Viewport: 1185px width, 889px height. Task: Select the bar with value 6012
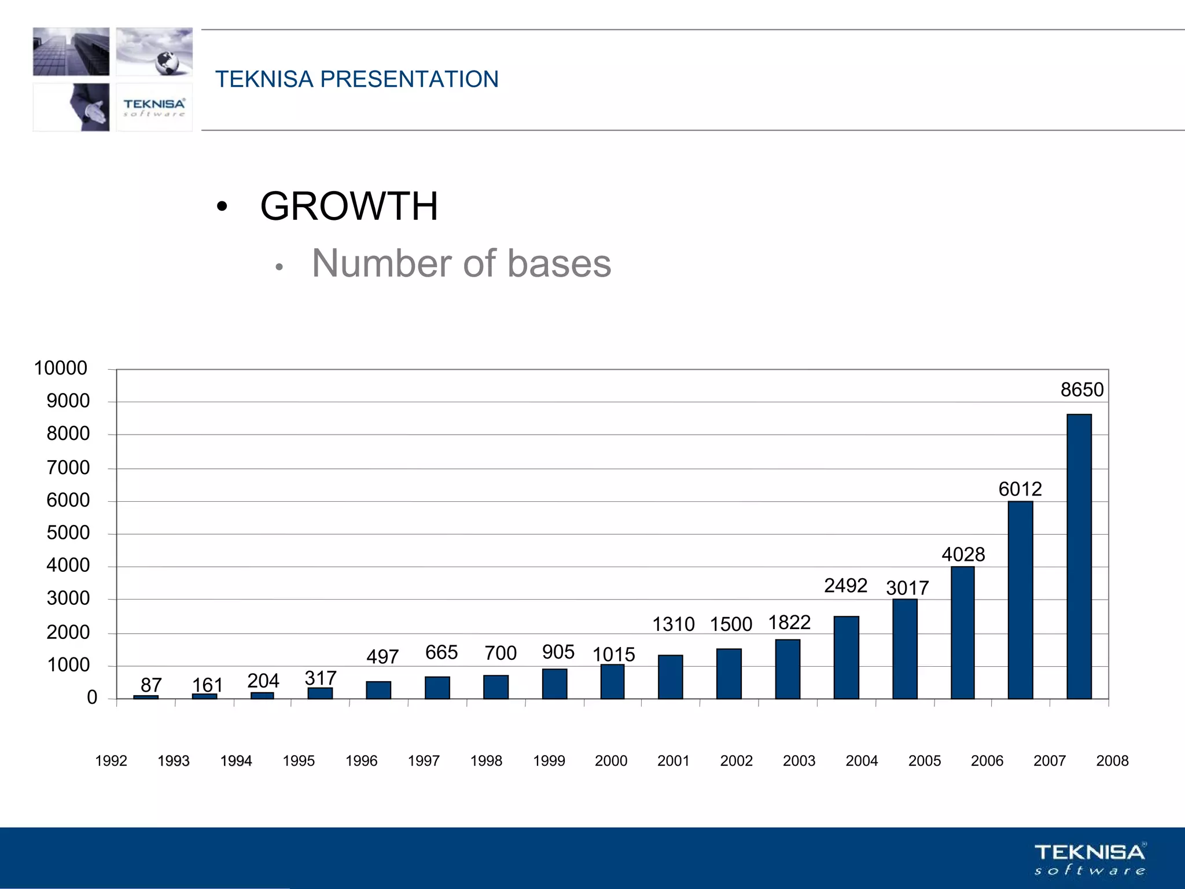(x=1020, y=600)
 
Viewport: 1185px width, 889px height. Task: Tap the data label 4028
(x=963, y=554)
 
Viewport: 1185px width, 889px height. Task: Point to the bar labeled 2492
(x=846, y=657)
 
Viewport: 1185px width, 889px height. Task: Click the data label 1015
(x=613, y=655)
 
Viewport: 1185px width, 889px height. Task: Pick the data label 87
(x=151, y=685)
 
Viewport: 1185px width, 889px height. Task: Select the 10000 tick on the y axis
(x=61, y=368)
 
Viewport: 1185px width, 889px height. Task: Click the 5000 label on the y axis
(x=68, y=533)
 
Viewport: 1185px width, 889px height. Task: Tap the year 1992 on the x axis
(x=111, y=761)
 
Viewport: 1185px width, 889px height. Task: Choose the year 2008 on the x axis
(x=1112, y=761)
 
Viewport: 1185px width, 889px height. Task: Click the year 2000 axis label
(x=611, y=761)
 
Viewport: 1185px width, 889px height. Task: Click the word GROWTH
(x=349, y=206)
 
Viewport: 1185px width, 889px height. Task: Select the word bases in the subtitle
(x=559, y=264)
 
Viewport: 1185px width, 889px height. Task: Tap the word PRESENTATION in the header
(x=409, y=79)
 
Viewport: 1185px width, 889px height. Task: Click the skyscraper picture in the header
(x=71, y=52)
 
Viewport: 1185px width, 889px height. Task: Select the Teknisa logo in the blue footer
(x=1090, y=859)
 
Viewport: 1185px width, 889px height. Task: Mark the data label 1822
(x=789, y=623)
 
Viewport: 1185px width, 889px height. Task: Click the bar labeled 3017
(x=904, y=649)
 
